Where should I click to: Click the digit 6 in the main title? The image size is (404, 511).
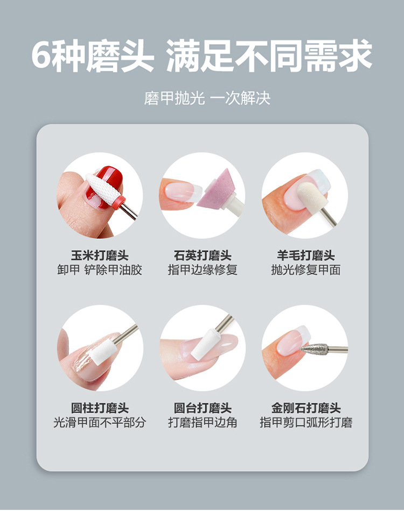[42, 55]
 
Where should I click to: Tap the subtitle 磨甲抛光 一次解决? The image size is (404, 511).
[207, 98]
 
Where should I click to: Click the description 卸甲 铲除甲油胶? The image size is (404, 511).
[100, 270]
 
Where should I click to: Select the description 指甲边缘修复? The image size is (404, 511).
[203, 270]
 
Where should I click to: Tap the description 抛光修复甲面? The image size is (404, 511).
[306, 270]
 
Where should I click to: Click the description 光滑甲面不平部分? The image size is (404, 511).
[100, 422]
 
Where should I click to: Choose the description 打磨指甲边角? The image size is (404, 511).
[203, 422]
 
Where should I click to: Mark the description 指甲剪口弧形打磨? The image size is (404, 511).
[306, 422]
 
